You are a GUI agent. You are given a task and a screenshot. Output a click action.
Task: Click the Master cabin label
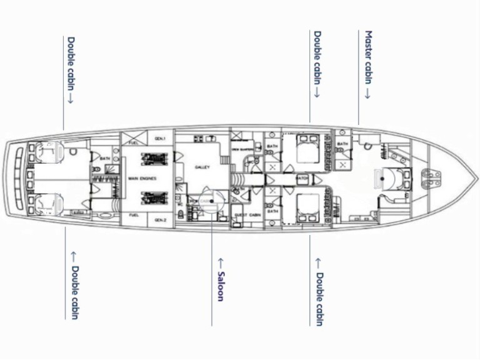(x=369, y=65)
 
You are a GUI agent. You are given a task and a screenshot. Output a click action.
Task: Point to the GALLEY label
(x=202, y=167)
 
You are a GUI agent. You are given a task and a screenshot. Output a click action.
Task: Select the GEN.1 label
(x=160, y=139)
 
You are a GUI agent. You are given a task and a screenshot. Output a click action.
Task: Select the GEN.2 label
(x=160, y=220)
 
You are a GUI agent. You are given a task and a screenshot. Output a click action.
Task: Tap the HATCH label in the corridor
(x=302, y=178)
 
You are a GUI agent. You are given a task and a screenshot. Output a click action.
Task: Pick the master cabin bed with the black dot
(x=382, y=179)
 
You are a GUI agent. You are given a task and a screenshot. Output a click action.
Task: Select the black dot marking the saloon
(x=212, y=201)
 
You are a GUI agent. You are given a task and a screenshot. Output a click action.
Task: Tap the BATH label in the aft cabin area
(x=104, y=159)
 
